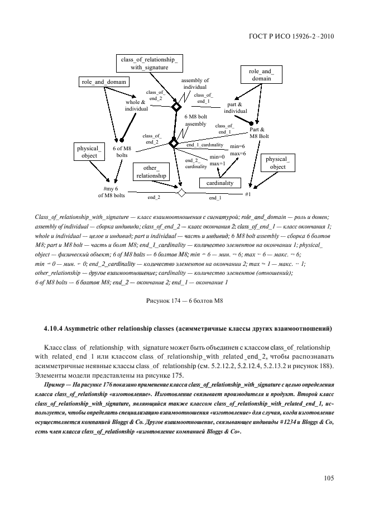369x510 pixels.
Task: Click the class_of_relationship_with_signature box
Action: [149, 63]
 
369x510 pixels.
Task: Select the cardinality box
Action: [219, 183]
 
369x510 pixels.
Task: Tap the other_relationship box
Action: [151, 171]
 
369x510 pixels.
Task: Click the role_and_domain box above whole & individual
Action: [104, 82]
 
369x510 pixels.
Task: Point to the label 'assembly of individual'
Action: [195, 84]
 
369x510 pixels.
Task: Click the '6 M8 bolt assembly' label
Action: [195, 120]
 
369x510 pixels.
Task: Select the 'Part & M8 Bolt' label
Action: [259, 132]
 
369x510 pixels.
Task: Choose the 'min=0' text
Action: [218, 157]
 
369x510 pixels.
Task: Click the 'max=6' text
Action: [238, 153]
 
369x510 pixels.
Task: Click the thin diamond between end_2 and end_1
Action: [180, 193]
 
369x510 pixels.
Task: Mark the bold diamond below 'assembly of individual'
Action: [176, 107]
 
